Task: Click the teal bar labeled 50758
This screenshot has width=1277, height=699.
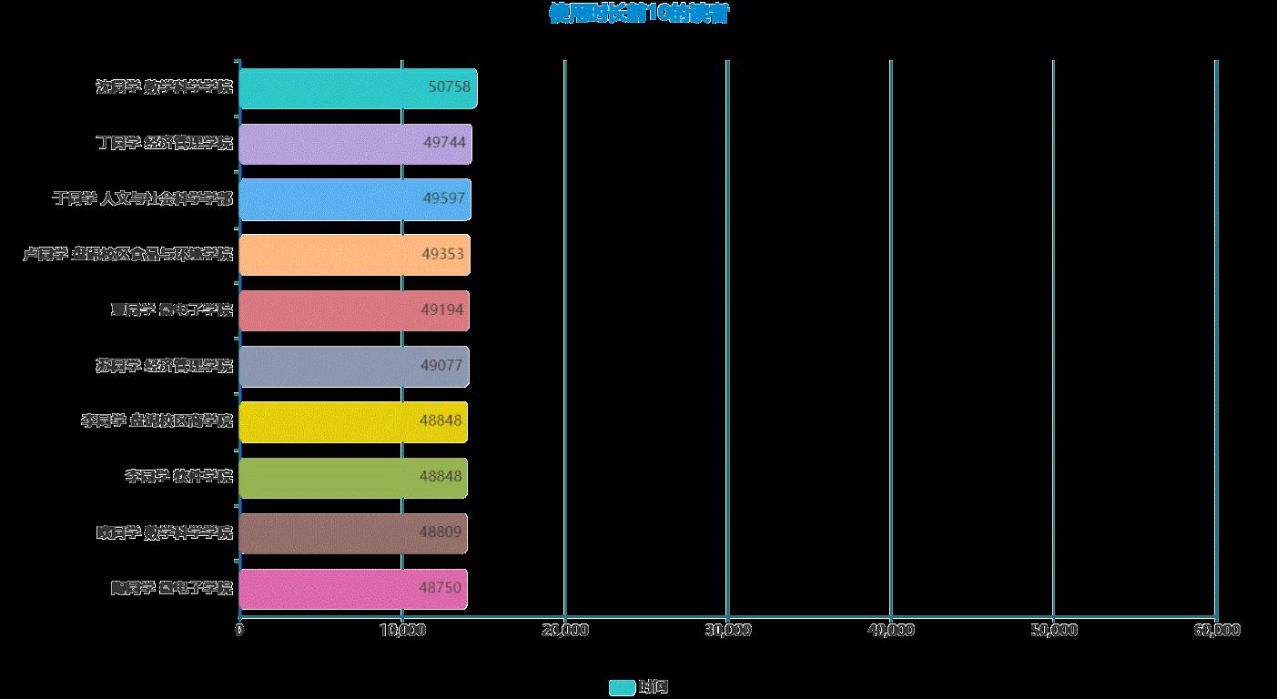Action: tap(357, 88)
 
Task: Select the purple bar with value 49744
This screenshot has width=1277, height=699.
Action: tap(355, 144)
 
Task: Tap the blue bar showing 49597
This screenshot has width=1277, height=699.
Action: tap(354, 199)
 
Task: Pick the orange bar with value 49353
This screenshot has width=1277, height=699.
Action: tap(354, 255)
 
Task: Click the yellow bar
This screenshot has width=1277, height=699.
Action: tap(352, 421)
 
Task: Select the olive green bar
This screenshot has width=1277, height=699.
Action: tap(352, 477)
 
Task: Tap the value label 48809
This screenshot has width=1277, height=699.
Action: tap(441, 532)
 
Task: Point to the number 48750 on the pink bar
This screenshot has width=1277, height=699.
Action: tap(441, 588)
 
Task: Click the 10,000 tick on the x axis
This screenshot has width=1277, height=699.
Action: tap(401, 630)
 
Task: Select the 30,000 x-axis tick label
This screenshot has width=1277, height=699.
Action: tap(727, 630)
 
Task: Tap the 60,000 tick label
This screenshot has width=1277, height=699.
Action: tap(1216, 630)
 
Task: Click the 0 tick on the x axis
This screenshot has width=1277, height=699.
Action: tap(239, 630)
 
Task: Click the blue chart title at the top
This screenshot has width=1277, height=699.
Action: tap(638, 14)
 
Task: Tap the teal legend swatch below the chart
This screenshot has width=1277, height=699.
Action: tap(622, 687)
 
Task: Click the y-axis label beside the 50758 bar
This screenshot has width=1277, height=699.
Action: tap(165, 87)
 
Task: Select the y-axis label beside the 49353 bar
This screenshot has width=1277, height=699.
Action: tap(128, 254)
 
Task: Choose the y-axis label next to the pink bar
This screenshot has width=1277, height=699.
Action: tap(171, 588)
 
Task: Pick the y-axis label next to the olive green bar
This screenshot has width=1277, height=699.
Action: tap(178, 476)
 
